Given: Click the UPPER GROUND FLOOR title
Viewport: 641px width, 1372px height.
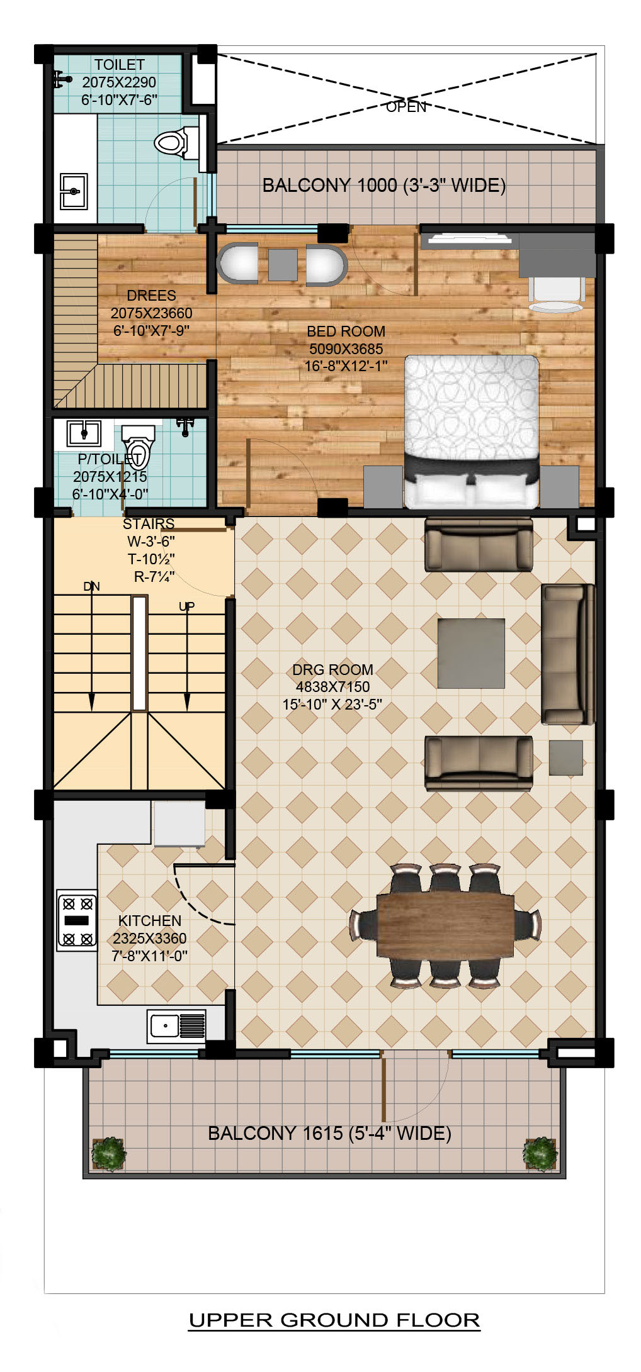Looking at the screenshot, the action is coord(334,1320).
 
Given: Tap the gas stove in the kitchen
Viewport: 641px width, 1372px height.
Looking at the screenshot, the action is coord(77,920).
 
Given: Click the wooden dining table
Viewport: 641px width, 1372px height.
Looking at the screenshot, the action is coord(445,925).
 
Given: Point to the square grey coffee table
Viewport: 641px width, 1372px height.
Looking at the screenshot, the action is coord(471,653).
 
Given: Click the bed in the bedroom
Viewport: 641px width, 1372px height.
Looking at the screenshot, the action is coord(472,432).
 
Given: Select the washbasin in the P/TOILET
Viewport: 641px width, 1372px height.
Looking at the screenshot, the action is coord(84,433).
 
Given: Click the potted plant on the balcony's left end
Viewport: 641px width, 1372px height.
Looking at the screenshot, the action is coord(108,1154).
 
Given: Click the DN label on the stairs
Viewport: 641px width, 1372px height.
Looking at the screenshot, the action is coord(91,586).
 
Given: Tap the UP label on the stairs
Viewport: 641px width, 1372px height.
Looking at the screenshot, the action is coord(186,606).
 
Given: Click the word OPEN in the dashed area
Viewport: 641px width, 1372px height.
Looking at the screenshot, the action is coord(406,107).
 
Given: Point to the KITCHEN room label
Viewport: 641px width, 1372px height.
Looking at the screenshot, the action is coord(150,920).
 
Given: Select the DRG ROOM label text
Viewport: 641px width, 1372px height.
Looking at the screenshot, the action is coord(332,669).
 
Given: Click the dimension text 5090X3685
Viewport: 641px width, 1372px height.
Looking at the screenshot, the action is coord(346,349).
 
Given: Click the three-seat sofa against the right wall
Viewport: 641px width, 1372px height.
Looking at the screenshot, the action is coord(568,654).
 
